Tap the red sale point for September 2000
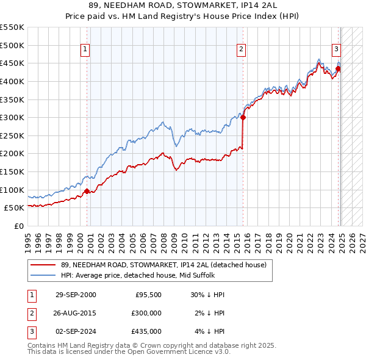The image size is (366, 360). [x=87, y=191]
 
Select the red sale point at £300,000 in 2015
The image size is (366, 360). [x=243, y=118]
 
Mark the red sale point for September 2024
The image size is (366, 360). [x=338, y=69]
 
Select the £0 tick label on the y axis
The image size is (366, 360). [x=18, y=226]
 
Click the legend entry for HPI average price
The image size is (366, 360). [x=146, y=275]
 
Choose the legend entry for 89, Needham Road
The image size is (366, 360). [x=163, y=265]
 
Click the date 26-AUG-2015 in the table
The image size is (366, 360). [x=76, y=313]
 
